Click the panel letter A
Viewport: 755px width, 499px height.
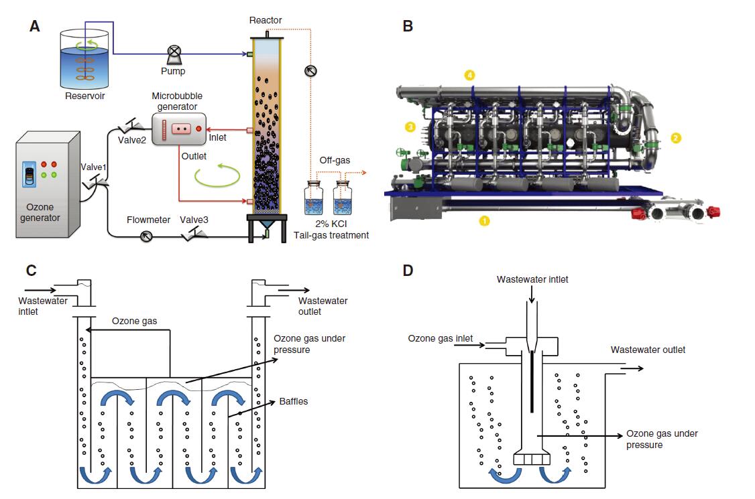click(36, 26)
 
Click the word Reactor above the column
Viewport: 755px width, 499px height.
click(266, 20)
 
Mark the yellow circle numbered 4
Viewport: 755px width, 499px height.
click(470, 76)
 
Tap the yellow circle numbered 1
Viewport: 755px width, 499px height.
click(485, 219)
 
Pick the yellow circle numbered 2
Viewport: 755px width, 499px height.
click(676, 138)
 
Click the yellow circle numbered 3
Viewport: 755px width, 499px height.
click(410, 126)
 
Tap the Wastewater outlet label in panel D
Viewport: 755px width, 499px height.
click(648, 350)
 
